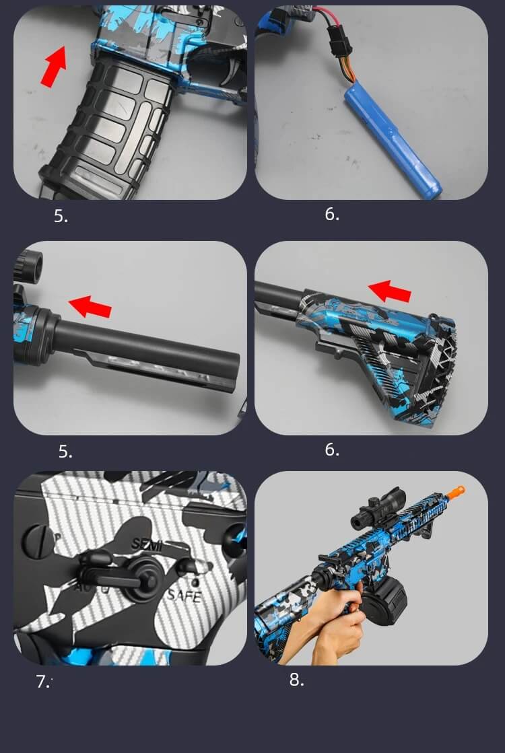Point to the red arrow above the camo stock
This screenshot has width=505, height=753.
(390, 291)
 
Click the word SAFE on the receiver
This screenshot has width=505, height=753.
(184, 595)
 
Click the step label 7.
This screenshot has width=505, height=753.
(42, 681)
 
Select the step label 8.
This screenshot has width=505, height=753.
(296, 680)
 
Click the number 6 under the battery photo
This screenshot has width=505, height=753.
(332, 215)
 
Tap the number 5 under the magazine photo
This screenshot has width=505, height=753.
(61, 216)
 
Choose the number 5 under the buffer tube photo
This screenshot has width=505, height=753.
(65, 452)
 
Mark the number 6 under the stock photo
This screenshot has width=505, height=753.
(332, 450)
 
